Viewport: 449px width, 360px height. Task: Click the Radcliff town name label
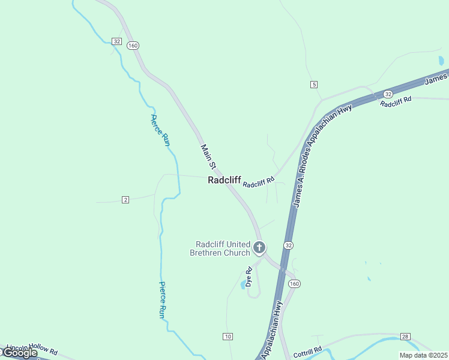coord(224,180)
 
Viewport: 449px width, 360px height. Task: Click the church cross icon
coord(259,247)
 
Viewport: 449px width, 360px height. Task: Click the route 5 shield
coord(314,84)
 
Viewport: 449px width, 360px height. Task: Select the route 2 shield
coord(125,199)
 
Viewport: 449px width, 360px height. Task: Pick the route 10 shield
coord(228,337)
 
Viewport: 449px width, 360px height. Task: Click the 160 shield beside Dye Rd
coord(294,283)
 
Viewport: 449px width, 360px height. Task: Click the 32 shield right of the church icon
coord(289,245)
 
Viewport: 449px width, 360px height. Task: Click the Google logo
coord(20,353)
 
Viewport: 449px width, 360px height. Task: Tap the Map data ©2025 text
coord(423,355)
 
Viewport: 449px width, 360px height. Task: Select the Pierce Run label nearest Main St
coord(161,130)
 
